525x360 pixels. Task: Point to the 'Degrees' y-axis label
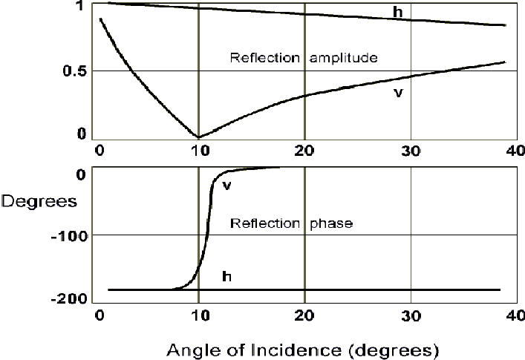(x=38, y=201)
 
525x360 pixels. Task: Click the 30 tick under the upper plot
(x=411, y=148)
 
